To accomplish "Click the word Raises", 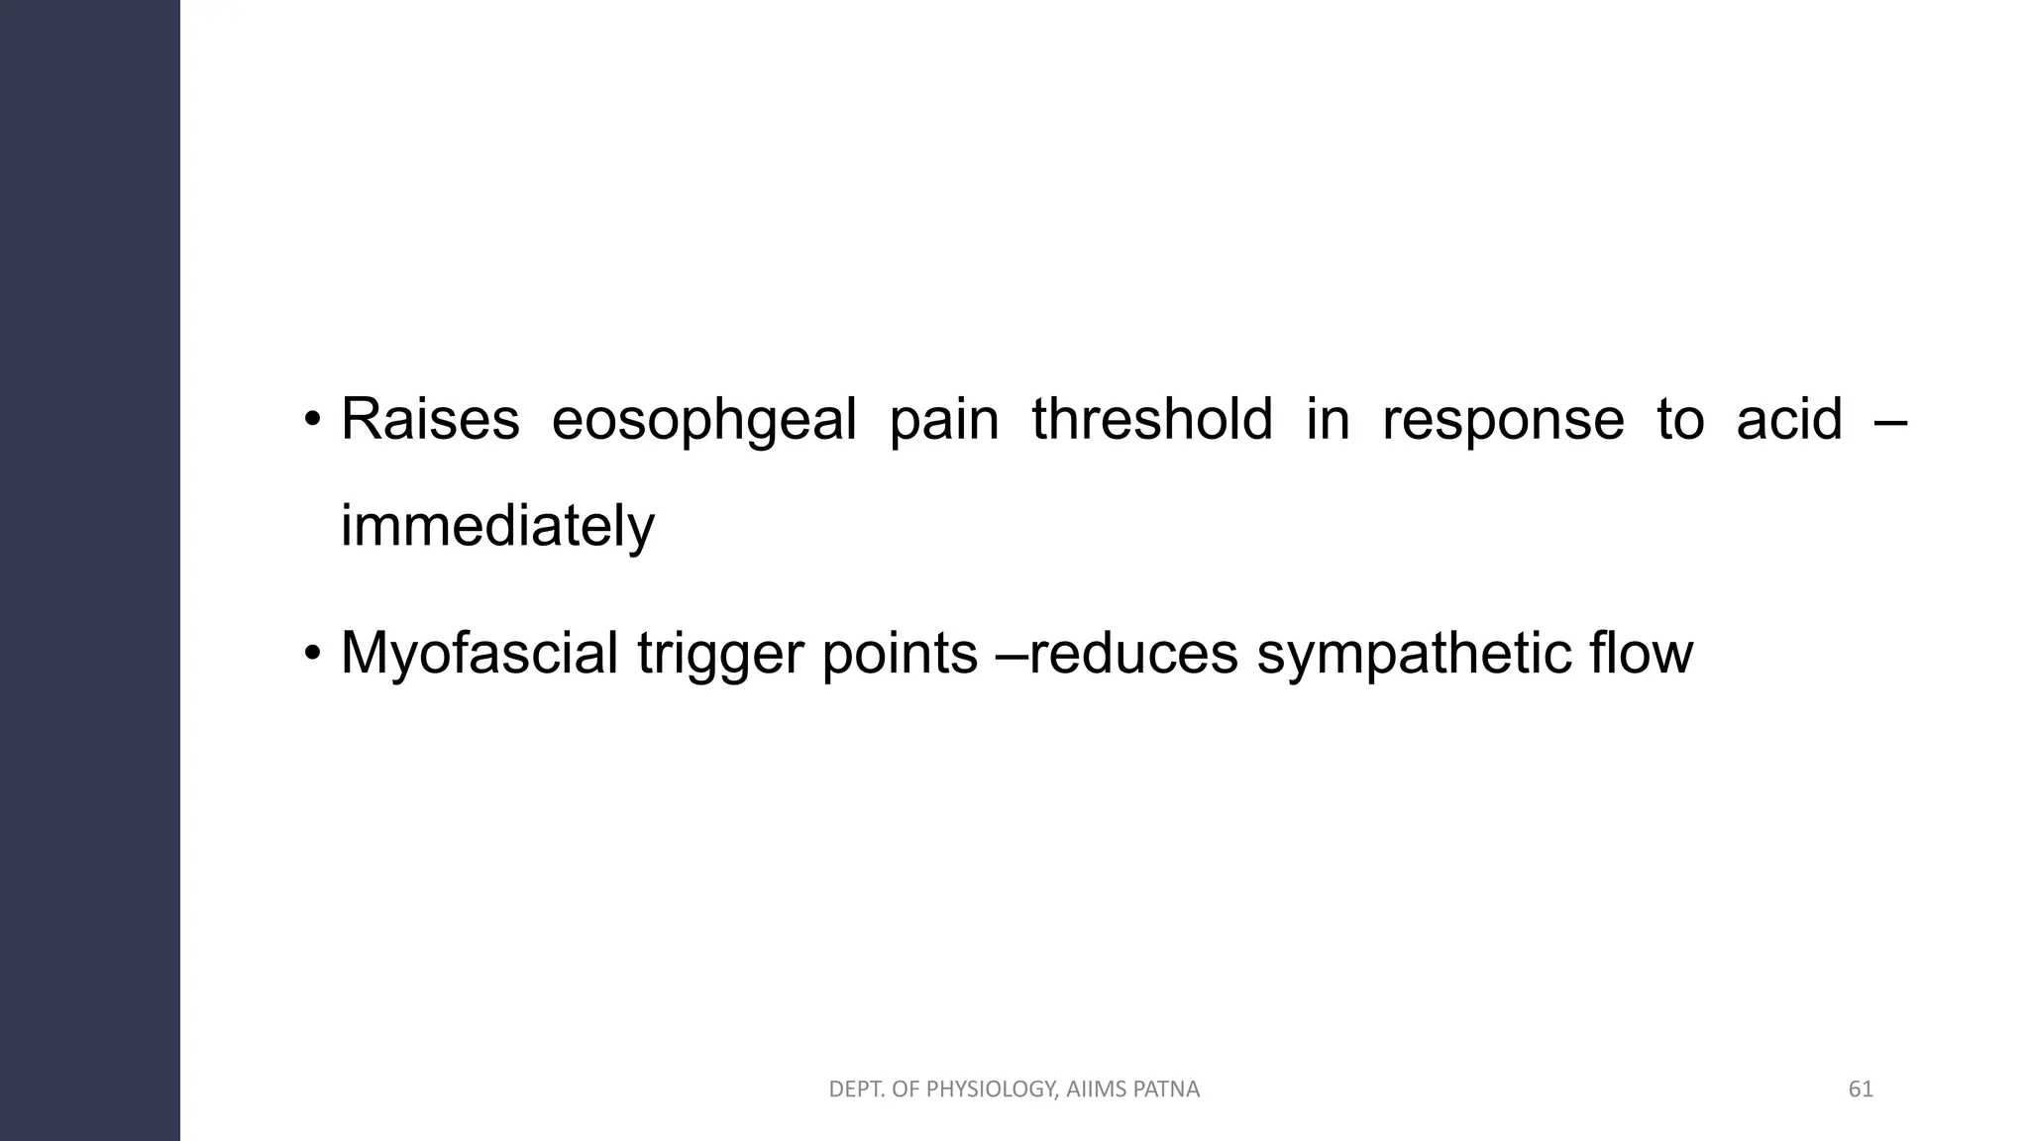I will (x=430, y=419).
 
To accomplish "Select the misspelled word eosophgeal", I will (x=703, y=421).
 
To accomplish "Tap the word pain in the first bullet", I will (x=944, y=421).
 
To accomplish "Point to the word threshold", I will (x=1152, y=419).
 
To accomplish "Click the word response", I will (x=1503, y=421).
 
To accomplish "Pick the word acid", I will (x=1789, y=419).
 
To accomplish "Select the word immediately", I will (x=497, y=526).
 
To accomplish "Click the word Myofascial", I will (x=480, y=655).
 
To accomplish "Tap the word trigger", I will (x=720, y=655).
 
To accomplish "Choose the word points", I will (x=900, y=655).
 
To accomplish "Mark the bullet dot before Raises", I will (x=312, y=421).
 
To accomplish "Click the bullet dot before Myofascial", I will (x=312, y=655).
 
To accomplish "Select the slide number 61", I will (x=1861, y=1089).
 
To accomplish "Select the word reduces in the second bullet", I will (x=1134, y=655).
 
